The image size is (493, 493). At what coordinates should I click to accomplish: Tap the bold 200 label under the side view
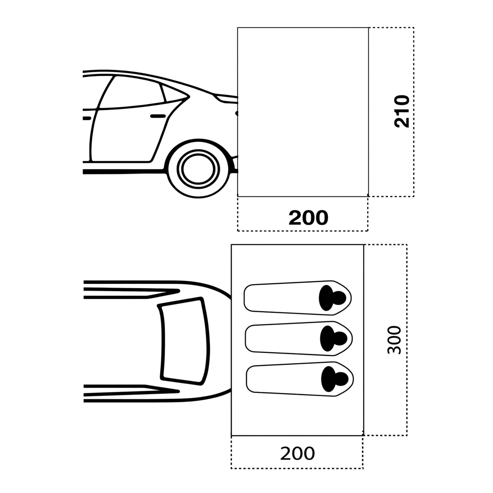pos(308,218)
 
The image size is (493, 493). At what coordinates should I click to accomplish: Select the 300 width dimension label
pos(394,340)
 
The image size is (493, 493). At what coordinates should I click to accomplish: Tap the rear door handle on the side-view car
pos(158,116)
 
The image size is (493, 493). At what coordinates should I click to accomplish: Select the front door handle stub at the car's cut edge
pos(87,118)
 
